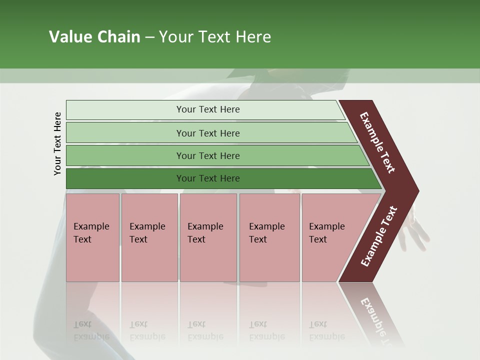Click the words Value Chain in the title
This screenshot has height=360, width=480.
click(94, 37)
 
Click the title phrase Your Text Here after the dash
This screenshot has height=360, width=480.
click(215, 37)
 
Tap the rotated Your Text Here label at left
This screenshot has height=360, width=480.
click(57, 143)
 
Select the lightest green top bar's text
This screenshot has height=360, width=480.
click(208, 109)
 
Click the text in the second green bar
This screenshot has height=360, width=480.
click(208, 133)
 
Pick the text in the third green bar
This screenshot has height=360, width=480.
click(208, 155)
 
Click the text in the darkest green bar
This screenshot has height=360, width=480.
click(208, 178)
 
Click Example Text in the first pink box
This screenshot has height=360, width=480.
click(91, 233)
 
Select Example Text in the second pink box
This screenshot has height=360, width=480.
click(147, 233)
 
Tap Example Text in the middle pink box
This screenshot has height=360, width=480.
click(205, 233)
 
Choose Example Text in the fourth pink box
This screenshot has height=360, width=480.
click(266, 233)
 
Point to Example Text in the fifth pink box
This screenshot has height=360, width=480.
click(326, 233)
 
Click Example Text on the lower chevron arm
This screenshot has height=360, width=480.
click(378, 236)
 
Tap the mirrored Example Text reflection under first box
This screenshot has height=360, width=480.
click(91, 330)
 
